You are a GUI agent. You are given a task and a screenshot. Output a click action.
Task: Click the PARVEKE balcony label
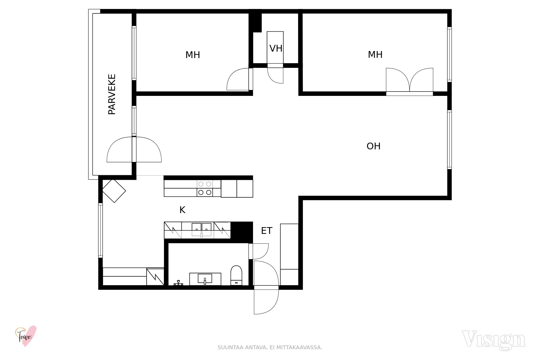[x=112, y=94]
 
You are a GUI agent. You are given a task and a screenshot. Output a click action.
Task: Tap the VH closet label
[x=276, y=49]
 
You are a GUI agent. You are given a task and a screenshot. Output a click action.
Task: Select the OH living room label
[x=374, y=146]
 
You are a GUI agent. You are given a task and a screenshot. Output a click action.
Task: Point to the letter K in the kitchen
[x=183, y=210]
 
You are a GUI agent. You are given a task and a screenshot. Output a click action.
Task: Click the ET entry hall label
[x=267, y=231]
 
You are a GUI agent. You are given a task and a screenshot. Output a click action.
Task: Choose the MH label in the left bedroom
[x=193, y=55]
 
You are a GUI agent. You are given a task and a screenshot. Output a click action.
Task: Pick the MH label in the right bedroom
[x=375, y=55]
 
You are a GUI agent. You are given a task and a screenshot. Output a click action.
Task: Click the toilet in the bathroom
[x=236, y=275]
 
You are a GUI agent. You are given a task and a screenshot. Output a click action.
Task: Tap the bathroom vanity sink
[x=205, y=279]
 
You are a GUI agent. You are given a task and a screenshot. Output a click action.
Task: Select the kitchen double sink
[x=201, y=230]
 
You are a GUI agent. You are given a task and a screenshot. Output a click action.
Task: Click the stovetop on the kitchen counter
[x=205, y=188]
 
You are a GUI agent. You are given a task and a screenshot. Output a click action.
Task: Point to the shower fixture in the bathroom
[x=178, y=283]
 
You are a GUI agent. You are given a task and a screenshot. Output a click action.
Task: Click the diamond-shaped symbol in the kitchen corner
[x=114, y=191]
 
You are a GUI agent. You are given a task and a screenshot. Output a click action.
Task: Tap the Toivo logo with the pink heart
[x=26, y=336]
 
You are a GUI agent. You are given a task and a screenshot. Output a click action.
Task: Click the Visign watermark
[x=494, y=340]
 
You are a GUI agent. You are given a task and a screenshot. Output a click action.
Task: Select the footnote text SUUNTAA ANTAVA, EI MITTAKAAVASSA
[x=270, y=348]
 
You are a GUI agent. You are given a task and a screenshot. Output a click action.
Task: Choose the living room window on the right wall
[x=450, y=140]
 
